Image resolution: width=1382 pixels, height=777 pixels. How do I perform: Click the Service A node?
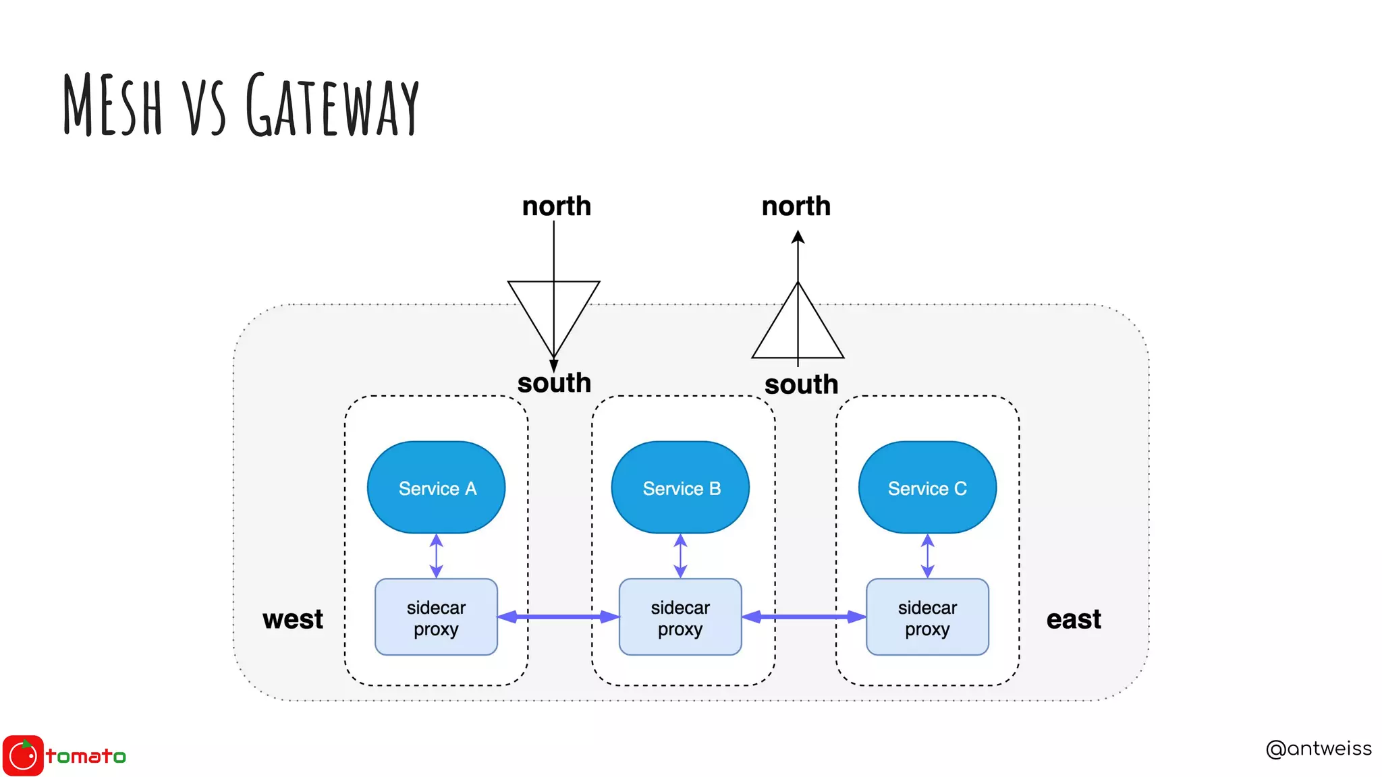point(436,488)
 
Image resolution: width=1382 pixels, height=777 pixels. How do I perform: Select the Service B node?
point(680,488)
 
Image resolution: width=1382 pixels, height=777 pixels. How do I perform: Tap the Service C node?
point(927,488)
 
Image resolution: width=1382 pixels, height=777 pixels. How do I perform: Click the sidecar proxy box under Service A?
point(436,617)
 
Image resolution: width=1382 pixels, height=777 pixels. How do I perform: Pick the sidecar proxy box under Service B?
point(680,617)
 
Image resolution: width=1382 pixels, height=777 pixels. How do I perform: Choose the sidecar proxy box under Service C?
point(927,617)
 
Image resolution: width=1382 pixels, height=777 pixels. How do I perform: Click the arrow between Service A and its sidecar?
point(436,556)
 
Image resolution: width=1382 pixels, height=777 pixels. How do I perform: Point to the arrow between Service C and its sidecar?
point(927,556)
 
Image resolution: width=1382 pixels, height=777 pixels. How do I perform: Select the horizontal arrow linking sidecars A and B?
point(558,616)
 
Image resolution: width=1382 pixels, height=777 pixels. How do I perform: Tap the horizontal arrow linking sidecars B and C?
point(804,616)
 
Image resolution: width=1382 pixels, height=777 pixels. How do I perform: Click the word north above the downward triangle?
point(556,206)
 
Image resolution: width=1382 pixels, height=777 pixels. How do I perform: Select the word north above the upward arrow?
point(796,206)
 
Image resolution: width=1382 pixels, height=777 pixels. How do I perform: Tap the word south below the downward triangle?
point(554,383)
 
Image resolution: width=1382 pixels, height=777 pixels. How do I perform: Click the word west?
point(293,619)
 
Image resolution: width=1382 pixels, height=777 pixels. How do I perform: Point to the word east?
point(1073,619)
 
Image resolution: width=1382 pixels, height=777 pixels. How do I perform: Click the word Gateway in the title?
point(332,105)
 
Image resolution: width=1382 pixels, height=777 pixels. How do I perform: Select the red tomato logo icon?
point(23,755)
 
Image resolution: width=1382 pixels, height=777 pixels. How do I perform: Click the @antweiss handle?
point(1318,749)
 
